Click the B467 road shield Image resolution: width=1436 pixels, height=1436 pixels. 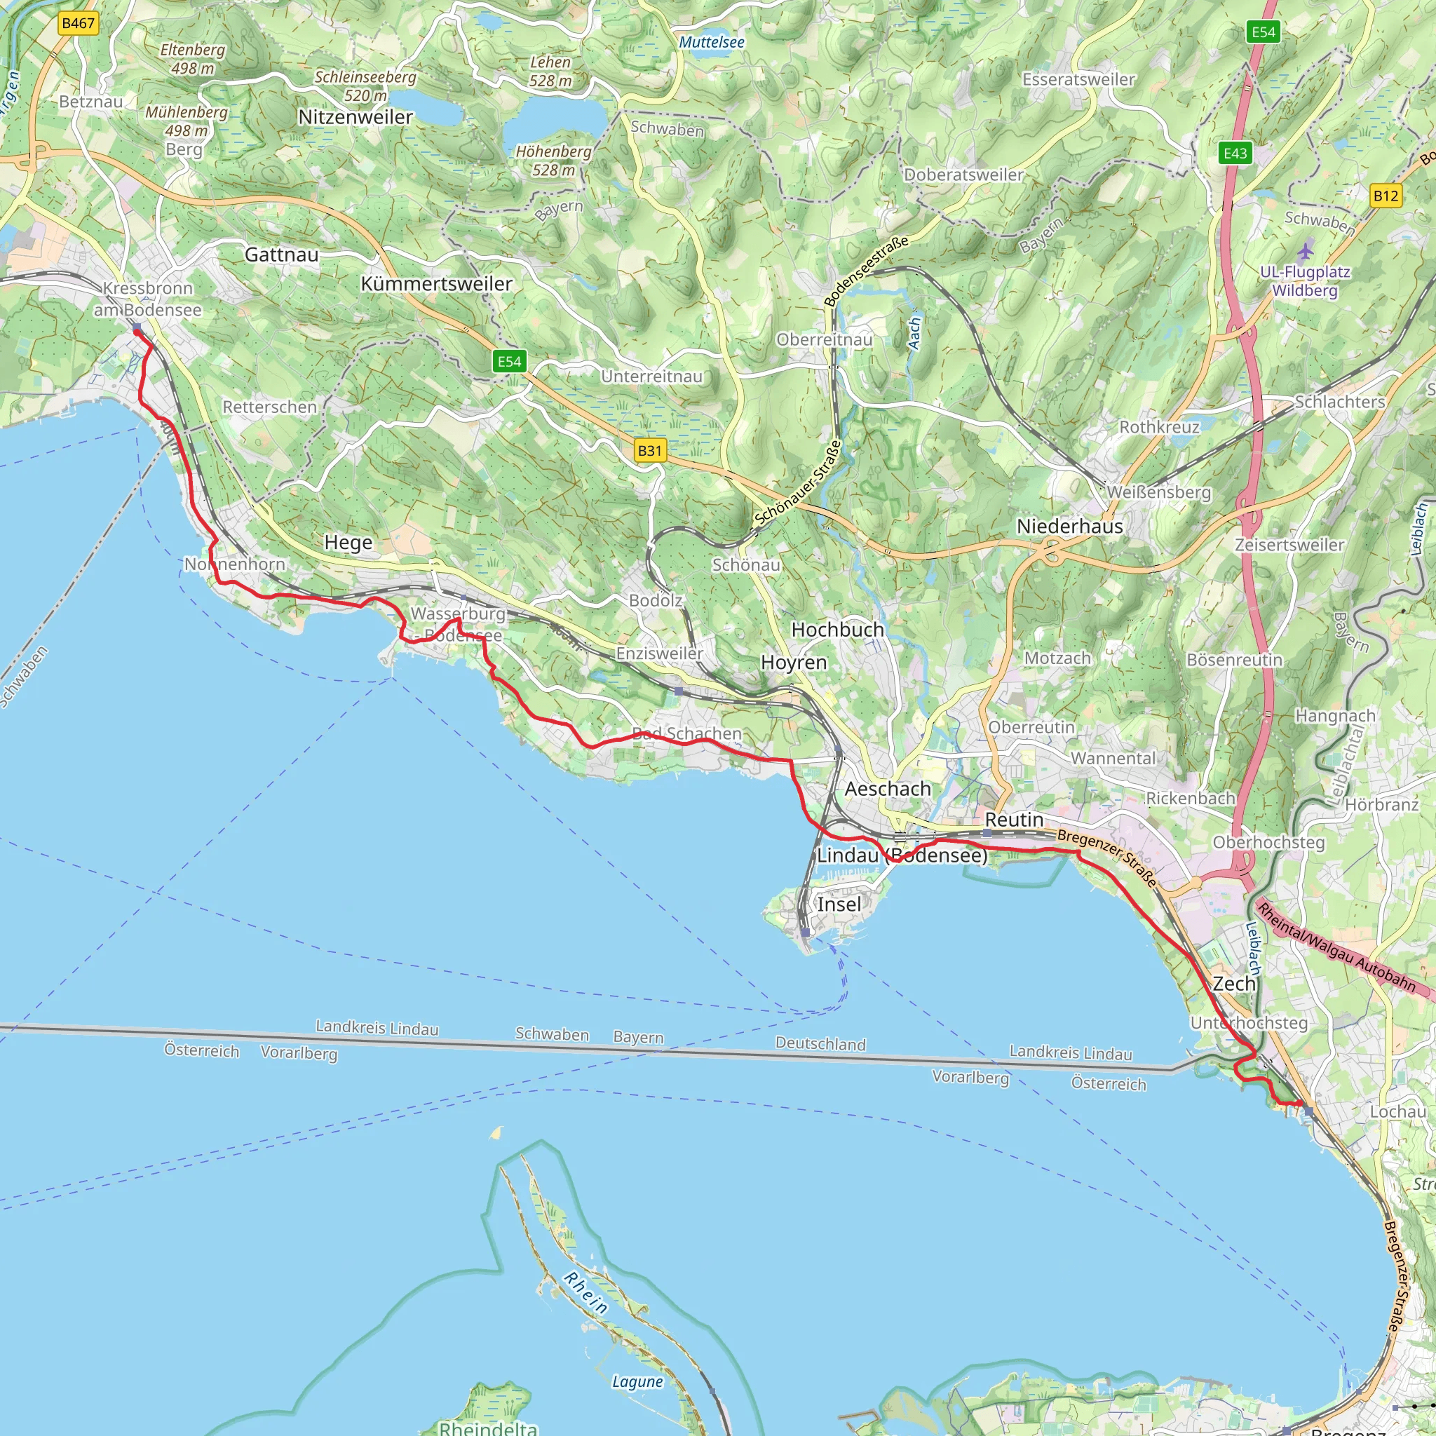click(78, 23)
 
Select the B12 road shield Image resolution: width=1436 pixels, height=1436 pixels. click(1386, 196)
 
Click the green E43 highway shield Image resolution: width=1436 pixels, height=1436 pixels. click(1235, 153)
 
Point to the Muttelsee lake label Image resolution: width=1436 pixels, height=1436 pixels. click(711, 42)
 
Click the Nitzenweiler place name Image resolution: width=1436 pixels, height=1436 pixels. click(355, 117)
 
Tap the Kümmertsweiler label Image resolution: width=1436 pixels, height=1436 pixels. click(436, 284)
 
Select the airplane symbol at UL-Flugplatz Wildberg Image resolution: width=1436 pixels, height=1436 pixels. click(1304, 250)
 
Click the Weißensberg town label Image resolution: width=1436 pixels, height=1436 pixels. click(1159, 492)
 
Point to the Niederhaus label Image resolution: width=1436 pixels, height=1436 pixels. click(1069, 527)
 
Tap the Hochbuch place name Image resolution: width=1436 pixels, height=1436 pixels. click(838, 630)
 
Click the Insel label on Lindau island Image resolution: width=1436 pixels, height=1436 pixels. click(839, 904)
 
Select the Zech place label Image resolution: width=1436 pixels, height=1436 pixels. click(1234, 983)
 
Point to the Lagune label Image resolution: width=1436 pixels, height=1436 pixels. click(637, 1382)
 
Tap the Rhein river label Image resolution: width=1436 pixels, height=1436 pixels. click(585, 1292)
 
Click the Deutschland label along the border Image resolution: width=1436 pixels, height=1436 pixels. click(820, 1043)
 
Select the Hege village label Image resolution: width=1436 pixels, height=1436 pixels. click(348, 543)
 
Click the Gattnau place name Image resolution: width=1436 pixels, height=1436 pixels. click(282, 255)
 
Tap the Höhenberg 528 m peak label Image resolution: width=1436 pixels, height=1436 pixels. click(554, 161)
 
